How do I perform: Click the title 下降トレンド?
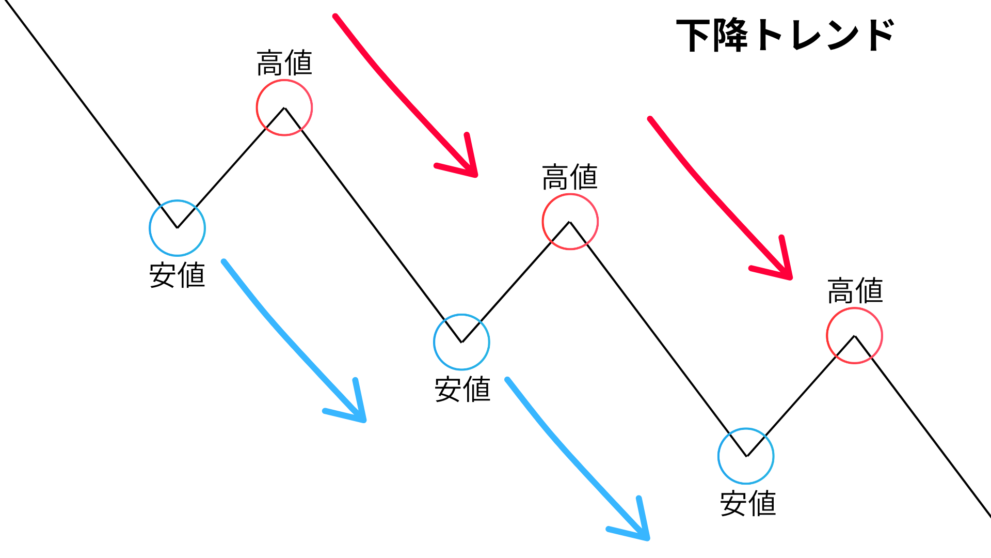click(785, 35)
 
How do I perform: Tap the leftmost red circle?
click(284, 107)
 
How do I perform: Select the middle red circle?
click(570, 222)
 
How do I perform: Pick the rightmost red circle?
click(854, 336)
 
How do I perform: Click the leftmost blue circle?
click(177, 228)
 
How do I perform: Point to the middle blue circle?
click(461, 342)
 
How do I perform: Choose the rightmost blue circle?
click(746, 456)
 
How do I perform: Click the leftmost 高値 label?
click(284, 63)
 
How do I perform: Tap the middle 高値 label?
click(570, 177)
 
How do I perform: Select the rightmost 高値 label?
click(855, 291)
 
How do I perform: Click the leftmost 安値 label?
click(177, 275)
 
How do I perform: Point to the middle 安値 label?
click(462, 389)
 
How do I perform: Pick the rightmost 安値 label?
click(748, 503)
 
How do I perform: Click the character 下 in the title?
click(693, 35)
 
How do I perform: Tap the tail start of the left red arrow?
click(336, 17)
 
